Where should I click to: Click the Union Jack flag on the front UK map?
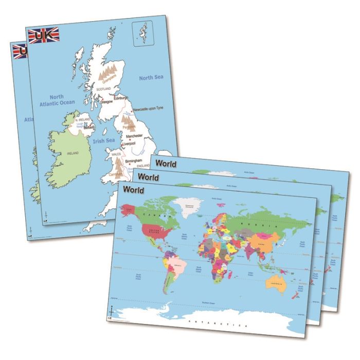[x=44, y=35]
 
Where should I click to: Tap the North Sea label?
[x=151, y=77]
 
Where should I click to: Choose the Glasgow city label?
[x=106, y=102]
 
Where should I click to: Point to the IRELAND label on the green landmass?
[x=73, y=153]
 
